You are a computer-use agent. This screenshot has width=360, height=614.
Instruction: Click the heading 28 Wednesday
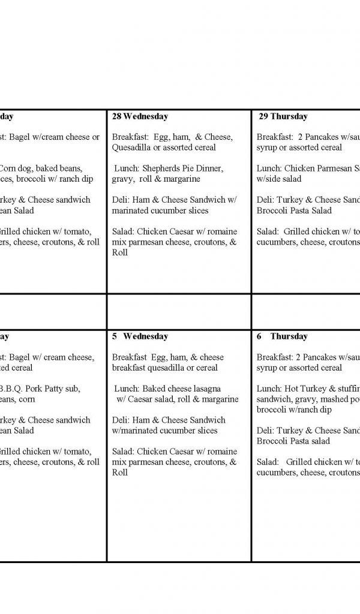140,116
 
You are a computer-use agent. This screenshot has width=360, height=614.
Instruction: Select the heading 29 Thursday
283,116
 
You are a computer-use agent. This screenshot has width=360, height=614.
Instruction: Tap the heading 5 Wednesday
140,336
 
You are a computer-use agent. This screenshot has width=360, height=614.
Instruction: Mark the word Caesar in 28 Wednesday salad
183,231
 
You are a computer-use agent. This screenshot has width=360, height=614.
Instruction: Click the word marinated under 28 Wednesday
133,210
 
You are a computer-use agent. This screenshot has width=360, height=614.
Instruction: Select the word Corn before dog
10,168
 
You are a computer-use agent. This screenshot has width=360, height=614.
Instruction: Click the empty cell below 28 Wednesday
179,311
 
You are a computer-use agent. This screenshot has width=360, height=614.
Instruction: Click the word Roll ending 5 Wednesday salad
120,473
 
